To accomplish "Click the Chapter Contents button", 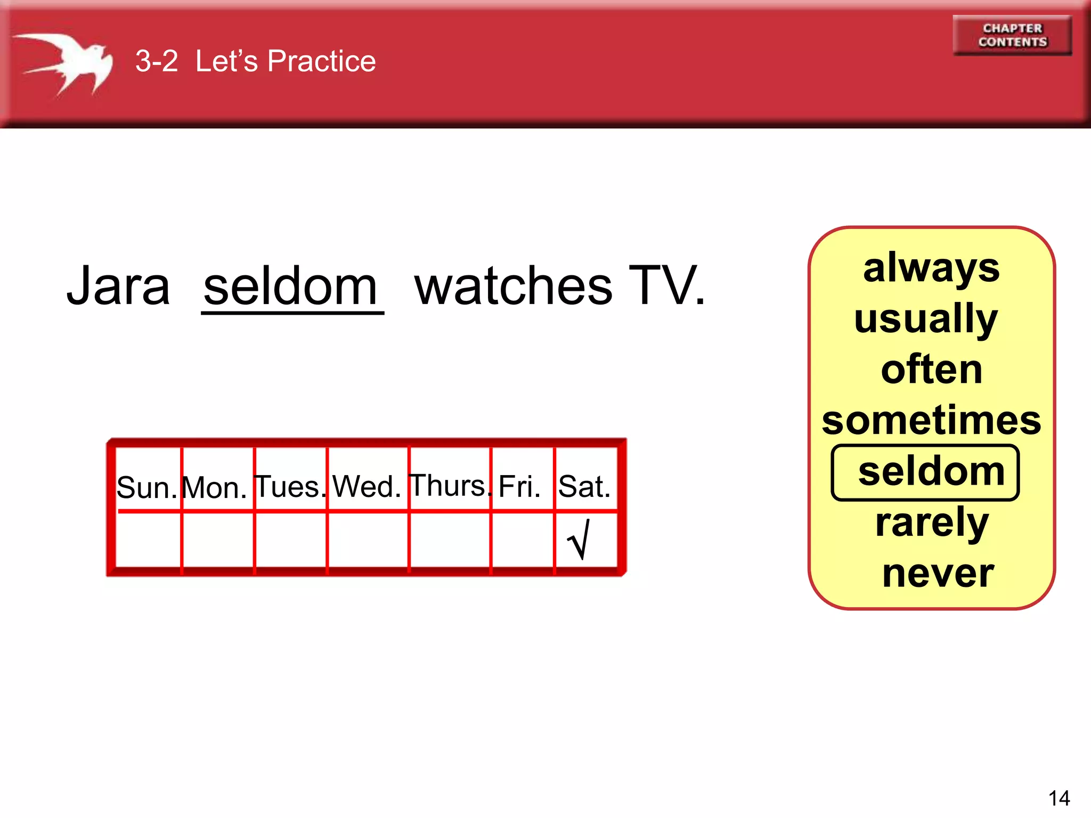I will click(x=1012, y=35).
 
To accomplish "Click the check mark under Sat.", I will click(x=579, y=539).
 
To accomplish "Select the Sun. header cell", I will click(x=147, y=486).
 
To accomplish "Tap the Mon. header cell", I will click(x=215, y=486).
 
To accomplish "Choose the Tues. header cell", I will click(x=290, y=486).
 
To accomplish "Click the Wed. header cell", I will click(x=367, y=486).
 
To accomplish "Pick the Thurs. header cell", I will click(x=450, y=485).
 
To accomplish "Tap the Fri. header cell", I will click(x=520, y=486).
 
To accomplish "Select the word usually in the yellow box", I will click(x=926, y=319).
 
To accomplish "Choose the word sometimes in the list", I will click(x=931, y=421).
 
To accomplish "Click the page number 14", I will click(x=1059, y=798).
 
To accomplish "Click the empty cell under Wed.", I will click(x=368, y=539).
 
